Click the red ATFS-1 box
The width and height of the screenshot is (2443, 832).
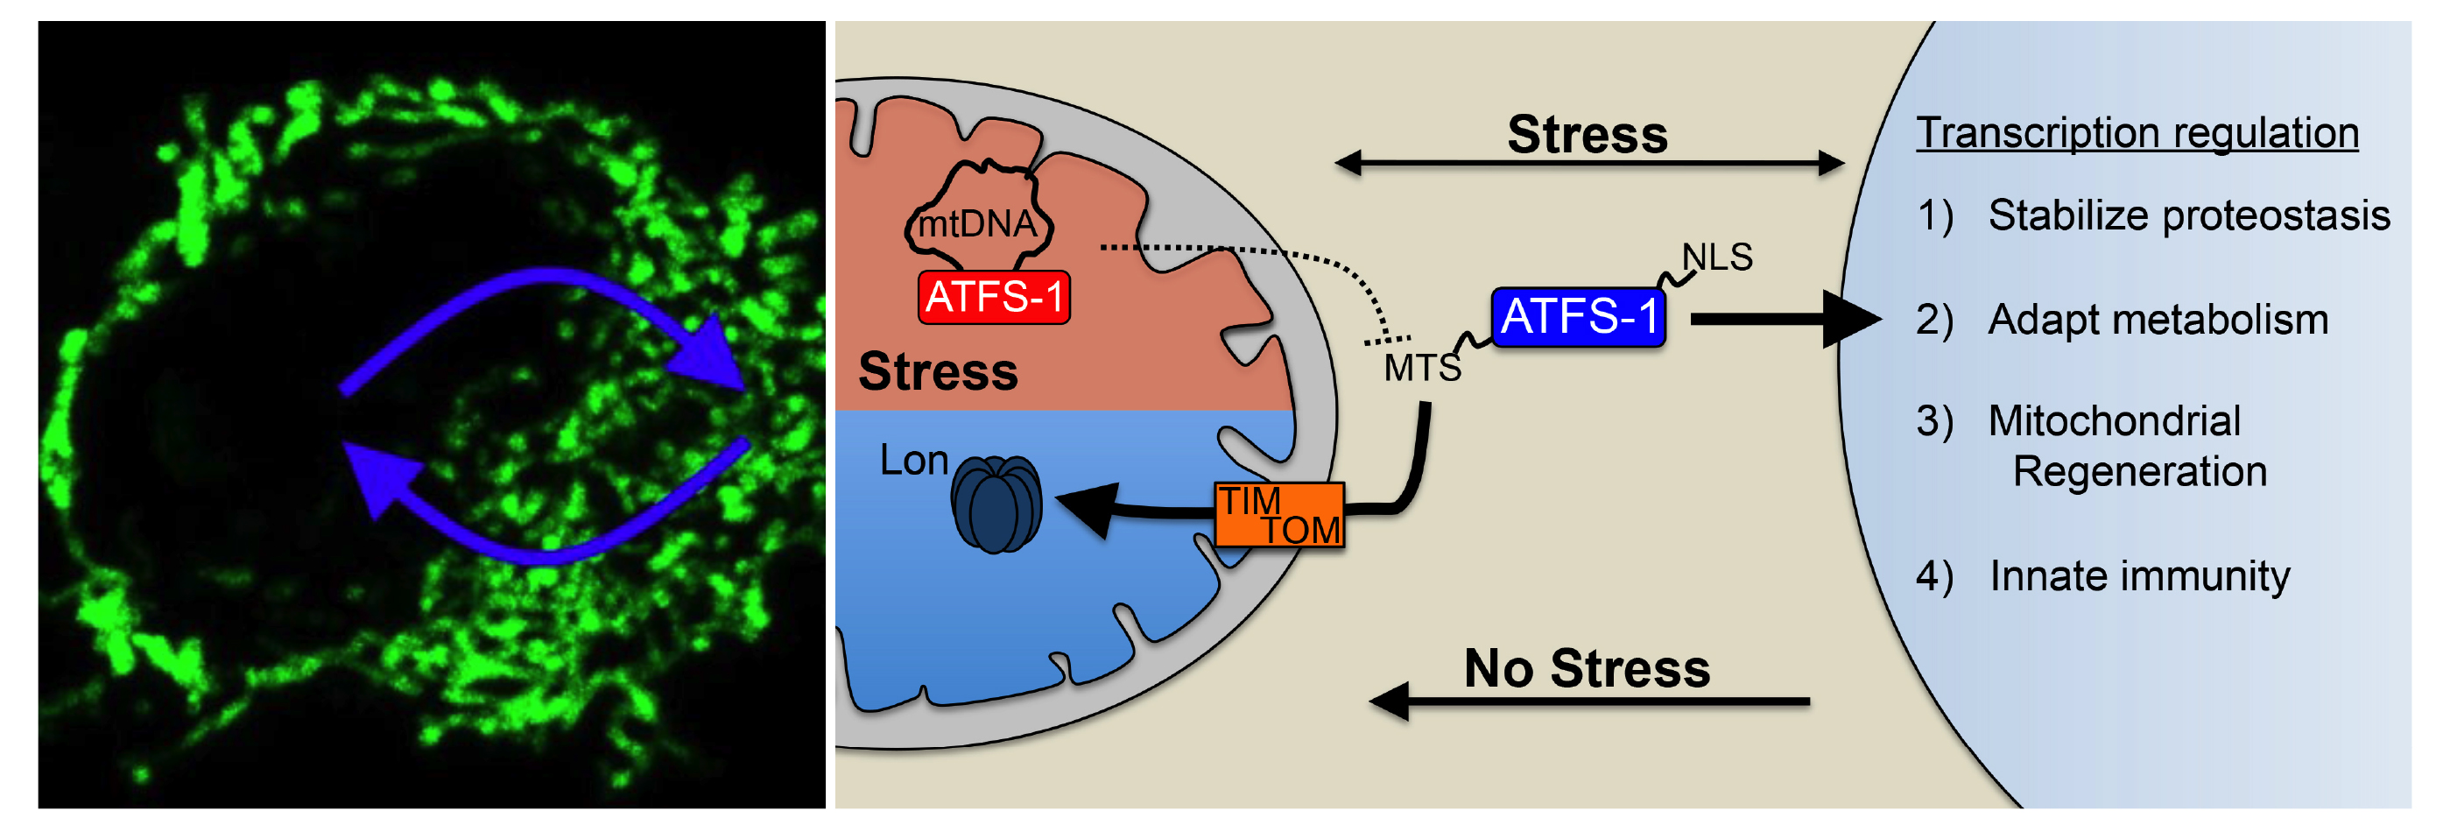tap(993, 297)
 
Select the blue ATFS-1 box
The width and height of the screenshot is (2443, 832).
tap(1578, 317)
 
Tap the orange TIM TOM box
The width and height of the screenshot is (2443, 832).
tap(1278, 515)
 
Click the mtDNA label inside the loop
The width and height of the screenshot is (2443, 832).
tap(977, 225)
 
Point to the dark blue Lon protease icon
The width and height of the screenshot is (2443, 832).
tap(996, 504)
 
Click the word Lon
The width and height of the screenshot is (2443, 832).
tap(913, 460)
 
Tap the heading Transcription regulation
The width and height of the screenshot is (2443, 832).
tap(2136, 133)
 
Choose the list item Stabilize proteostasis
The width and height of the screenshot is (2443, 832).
tap(2188, 215)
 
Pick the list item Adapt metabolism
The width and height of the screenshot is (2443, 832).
tap(2158, 320)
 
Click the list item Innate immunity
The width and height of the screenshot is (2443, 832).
tap(2138, 576)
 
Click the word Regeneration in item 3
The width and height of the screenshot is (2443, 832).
tap(2138, 471)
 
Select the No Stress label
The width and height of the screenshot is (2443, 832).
tap(1587, 669)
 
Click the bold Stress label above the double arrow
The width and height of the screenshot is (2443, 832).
tap(1587, 135)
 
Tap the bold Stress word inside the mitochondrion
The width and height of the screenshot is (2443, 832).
tap(938, 371)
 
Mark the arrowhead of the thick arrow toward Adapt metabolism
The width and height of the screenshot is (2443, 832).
tap(1850, 320)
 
